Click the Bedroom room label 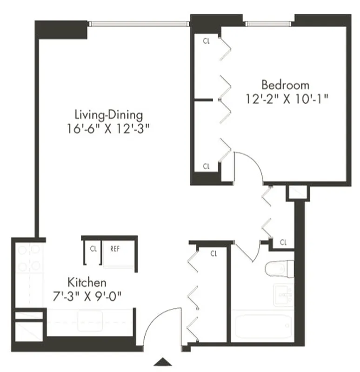(285, 85)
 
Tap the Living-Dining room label (109, 114)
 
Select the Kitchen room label (87, 282)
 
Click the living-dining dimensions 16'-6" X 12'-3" (110, 128)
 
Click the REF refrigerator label (115, 248)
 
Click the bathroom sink (284, 293)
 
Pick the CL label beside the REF (93, 248)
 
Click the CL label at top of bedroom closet (207, 40)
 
